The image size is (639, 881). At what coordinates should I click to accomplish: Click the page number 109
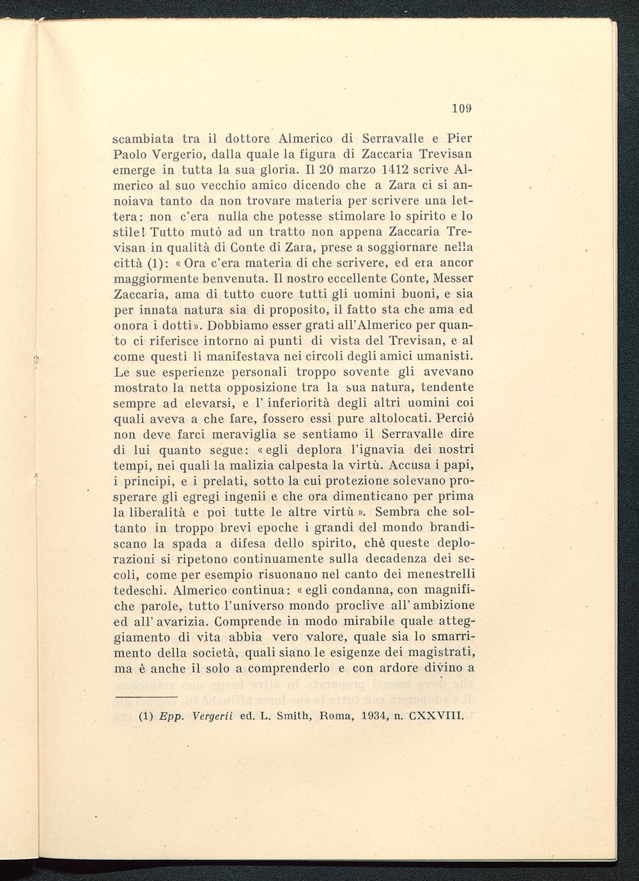click(461, 109)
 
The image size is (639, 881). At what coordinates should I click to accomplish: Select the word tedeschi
click(140, 590)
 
